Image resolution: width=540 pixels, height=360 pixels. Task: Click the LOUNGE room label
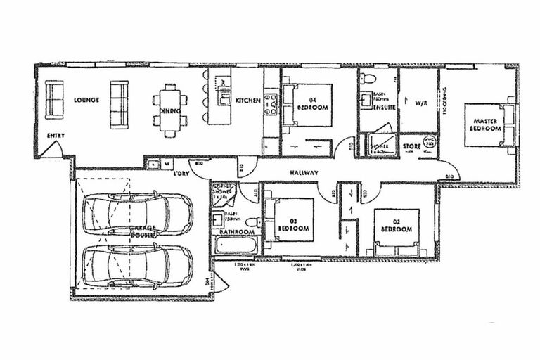pyautogui.click(x=86, y=101)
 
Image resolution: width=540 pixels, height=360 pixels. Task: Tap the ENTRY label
pyautogui.click(x=56, y=136)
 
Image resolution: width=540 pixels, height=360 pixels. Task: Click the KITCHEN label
pyautogui.click(x=248, y=101)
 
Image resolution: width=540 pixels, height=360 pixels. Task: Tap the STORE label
pyautogui.click(x=411, y=147)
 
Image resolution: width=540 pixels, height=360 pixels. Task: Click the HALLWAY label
pyautogui.click(x=304, y=173)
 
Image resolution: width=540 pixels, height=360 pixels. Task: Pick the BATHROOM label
pyautogui.click(x=236, y=231)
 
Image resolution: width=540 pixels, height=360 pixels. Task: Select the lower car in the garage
pyautogui.click(x=137, y=262)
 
